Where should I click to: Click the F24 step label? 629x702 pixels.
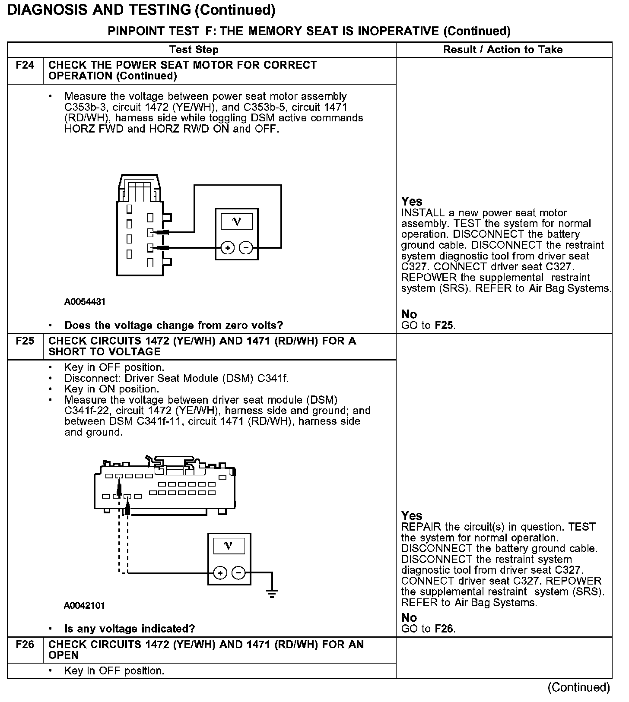(25, 65)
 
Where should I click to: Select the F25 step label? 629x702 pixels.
(25, 341)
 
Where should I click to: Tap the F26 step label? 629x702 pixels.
(25, 645)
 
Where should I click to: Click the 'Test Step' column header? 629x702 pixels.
(194, 50)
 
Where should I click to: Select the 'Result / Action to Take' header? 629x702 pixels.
(503, 50)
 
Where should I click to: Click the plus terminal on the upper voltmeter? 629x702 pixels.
(228, 248)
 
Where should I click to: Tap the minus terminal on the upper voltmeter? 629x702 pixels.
(246, 248)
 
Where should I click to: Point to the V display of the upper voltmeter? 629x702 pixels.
(237, 222)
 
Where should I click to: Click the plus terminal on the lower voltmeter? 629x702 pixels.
(220, 573)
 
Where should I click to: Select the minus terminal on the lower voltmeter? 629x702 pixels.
(238, 573)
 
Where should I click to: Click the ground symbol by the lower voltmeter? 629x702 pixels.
(272, 593)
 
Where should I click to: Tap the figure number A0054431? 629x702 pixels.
(85, 302)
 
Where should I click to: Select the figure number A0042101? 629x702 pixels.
(85, 605)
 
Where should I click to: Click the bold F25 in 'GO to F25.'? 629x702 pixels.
(445, 326)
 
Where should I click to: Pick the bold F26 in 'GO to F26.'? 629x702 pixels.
(445, 629)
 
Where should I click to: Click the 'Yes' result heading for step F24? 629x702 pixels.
(412, 202)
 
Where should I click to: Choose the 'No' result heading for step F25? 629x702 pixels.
(409, 618)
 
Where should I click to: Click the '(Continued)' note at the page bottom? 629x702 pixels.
(579, 687)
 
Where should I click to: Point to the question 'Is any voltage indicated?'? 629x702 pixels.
(130, 629)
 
